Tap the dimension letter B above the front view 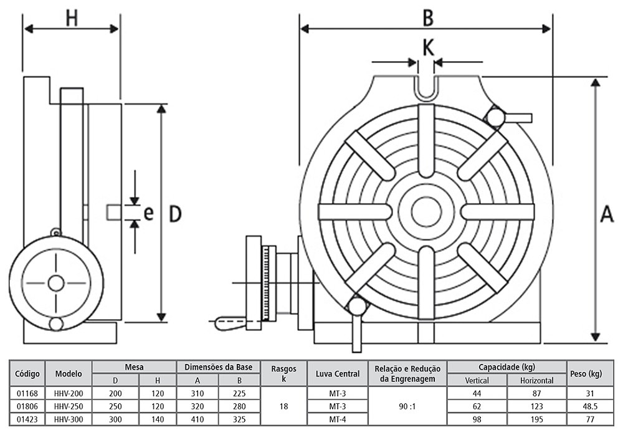427,17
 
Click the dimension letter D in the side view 175,214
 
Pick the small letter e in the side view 148,213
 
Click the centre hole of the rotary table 426,211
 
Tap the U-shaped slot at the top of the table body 427,87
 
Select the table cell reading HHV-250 69,406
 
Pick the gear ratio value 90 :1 407,406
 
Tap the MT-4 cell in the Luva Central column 338,419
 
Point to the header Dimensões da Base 219,367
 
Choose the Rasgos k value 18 284,406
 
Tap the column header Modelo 69,374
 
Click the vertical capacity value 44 477,393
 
